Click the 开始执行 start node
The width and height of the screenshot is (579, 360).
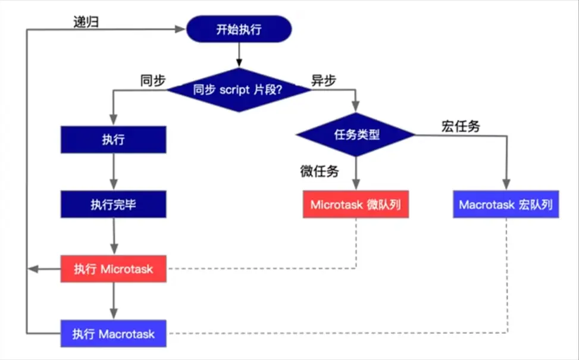[239, 29]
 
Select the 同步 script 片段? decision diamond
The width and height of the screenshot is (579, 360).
[239, 90]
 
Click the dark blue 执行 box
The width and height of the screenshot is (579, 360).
[113, 140]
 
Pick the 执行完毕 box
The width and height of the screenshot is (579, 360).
[113, 205]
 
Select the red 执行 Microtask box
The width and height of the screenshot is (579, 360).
[113, 269]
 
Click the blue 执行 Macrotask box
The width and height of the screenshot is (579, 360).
[113, 333]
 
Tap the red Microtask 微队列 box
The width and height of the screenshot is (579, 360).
[356, 205]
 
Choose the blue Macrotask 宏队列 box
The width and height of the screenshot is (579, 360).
[506, 205]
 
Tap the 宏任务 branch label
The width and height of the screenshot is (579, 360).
[461, 126]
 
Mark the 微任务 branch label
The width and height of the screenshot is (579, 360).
[319, 172]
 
